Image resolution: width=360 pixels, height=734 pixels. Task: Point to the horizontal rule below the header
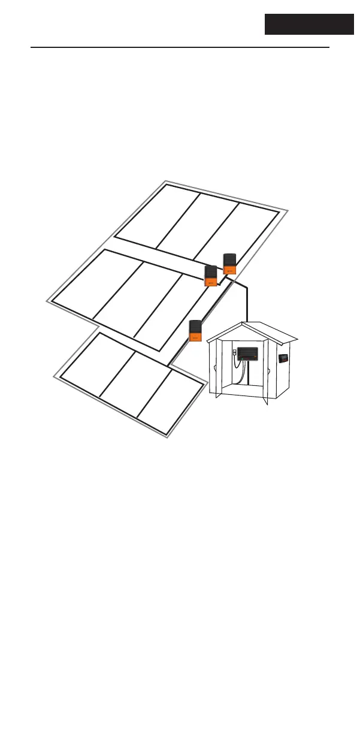click(x=180, y=47)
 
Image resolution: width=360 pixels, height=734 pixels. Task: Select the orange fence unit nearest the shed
click(x=195, y=331)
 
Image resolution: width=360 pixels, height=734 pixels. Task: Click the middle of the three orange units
click(x=211, y=276)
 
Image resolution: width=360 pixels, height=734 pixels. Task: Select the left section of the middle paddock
click(x=96, y=282)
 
